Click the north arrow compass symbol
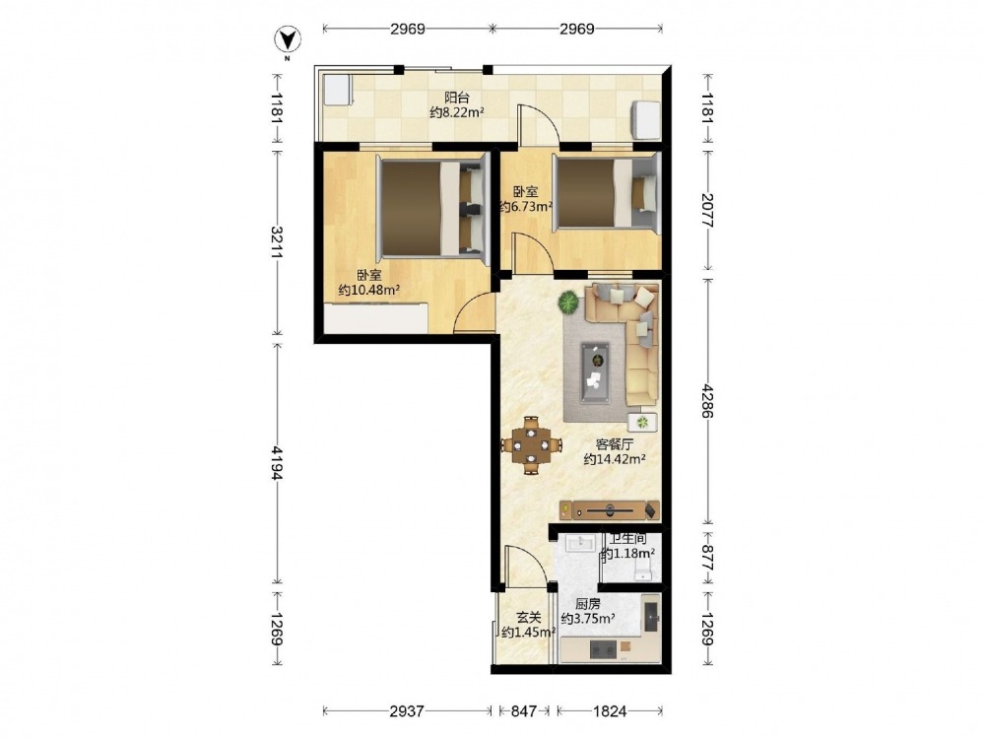click(x=288, y=40)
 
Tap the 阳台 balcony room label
click(x=457, y=98)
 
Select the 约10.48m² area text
click(x=369, y=291)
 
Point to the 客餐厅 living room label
click(x=615, y=444)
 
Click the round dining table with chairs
click(x=532, y=445)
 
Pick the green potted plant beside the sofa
click(x=569, y=302)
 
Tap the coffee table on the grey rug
click(x=595, y=372)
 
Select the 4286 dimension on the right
click(x=708, y=401)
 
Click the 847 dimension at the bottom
click(x=524, y=711)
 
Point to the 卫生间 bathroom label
click(x=628, y=539)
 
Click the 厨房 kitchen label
click(x=588, y=604)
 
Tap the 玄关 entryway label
click(x=529, y=619)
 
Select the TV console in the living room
click(x=610, y=509)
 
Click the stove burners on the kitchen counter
click(x=604, y=648)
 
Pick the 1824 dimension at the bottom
click(x=610, y=711)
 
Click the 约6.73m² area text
click(x=526, y=207)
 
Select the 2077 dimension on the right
click(x=708, y=210)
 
